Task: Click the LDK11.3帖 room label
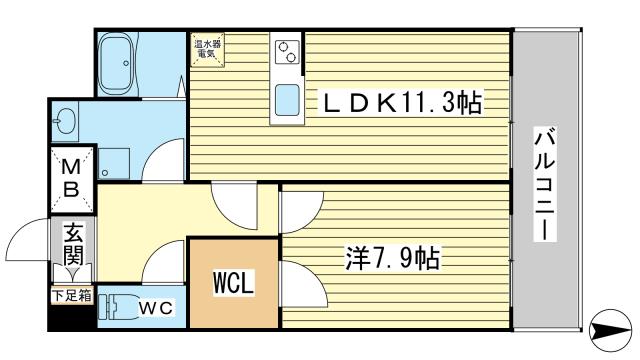[402, 103]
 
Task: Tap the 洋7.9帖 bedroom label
[393, 258]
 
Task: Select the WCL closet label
[233, 282]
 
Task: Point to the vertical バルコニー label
[545, 184]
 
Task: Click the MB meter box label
[71, 178]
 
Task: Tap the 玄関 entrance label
[74, 244]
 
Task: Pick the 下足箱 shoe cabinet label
[72, 296]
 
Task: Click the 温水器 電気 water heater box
[207, 49]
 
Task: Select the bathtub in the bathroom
[116, 63]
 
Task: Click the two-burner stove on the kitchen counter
[287, 52]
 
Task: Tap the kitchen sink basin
[287, 100]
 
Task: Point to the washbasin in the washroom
[65, 121]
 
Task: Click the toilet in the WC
[117, 307]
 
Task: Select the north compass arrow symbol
[611, 330]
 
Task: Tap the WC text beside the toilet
[156, 308]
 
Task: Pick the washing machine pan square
[114, 163]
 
